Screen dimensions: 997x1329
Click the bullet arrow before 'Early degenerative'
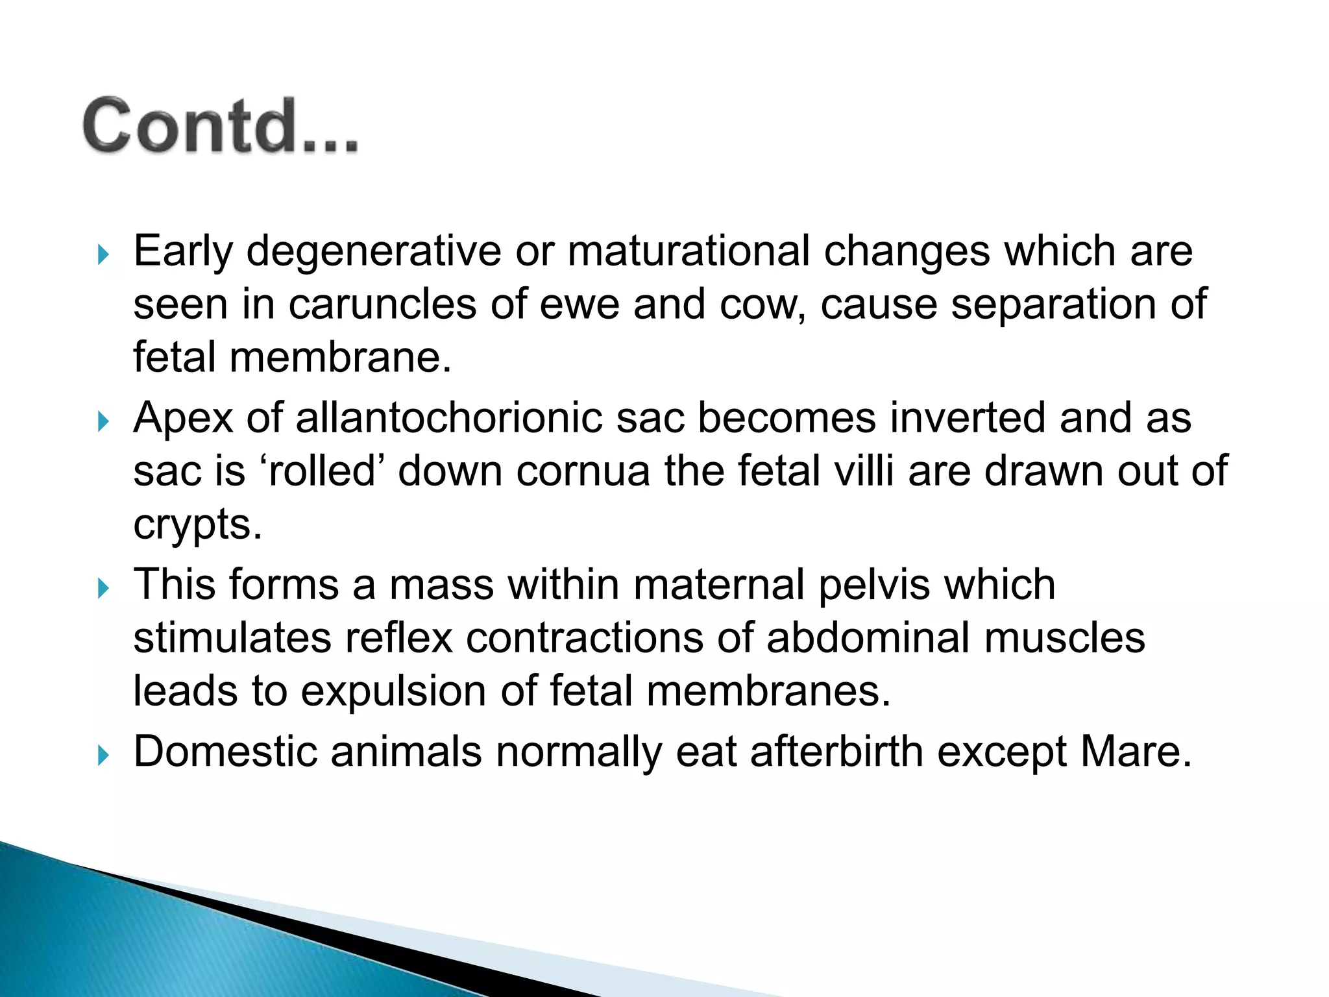(103, 254)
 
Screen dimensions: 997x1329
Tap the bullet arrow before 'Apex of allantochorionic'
(103, 422)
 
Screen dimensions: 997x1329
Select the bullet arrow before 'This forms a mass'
(103, 589)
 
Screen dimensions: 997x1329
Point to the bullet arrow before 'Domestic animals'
(103, 756)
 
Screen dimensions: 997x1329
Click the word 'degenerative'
(374, 252)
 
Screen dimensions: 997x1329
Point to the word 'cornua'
(582, 471)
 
